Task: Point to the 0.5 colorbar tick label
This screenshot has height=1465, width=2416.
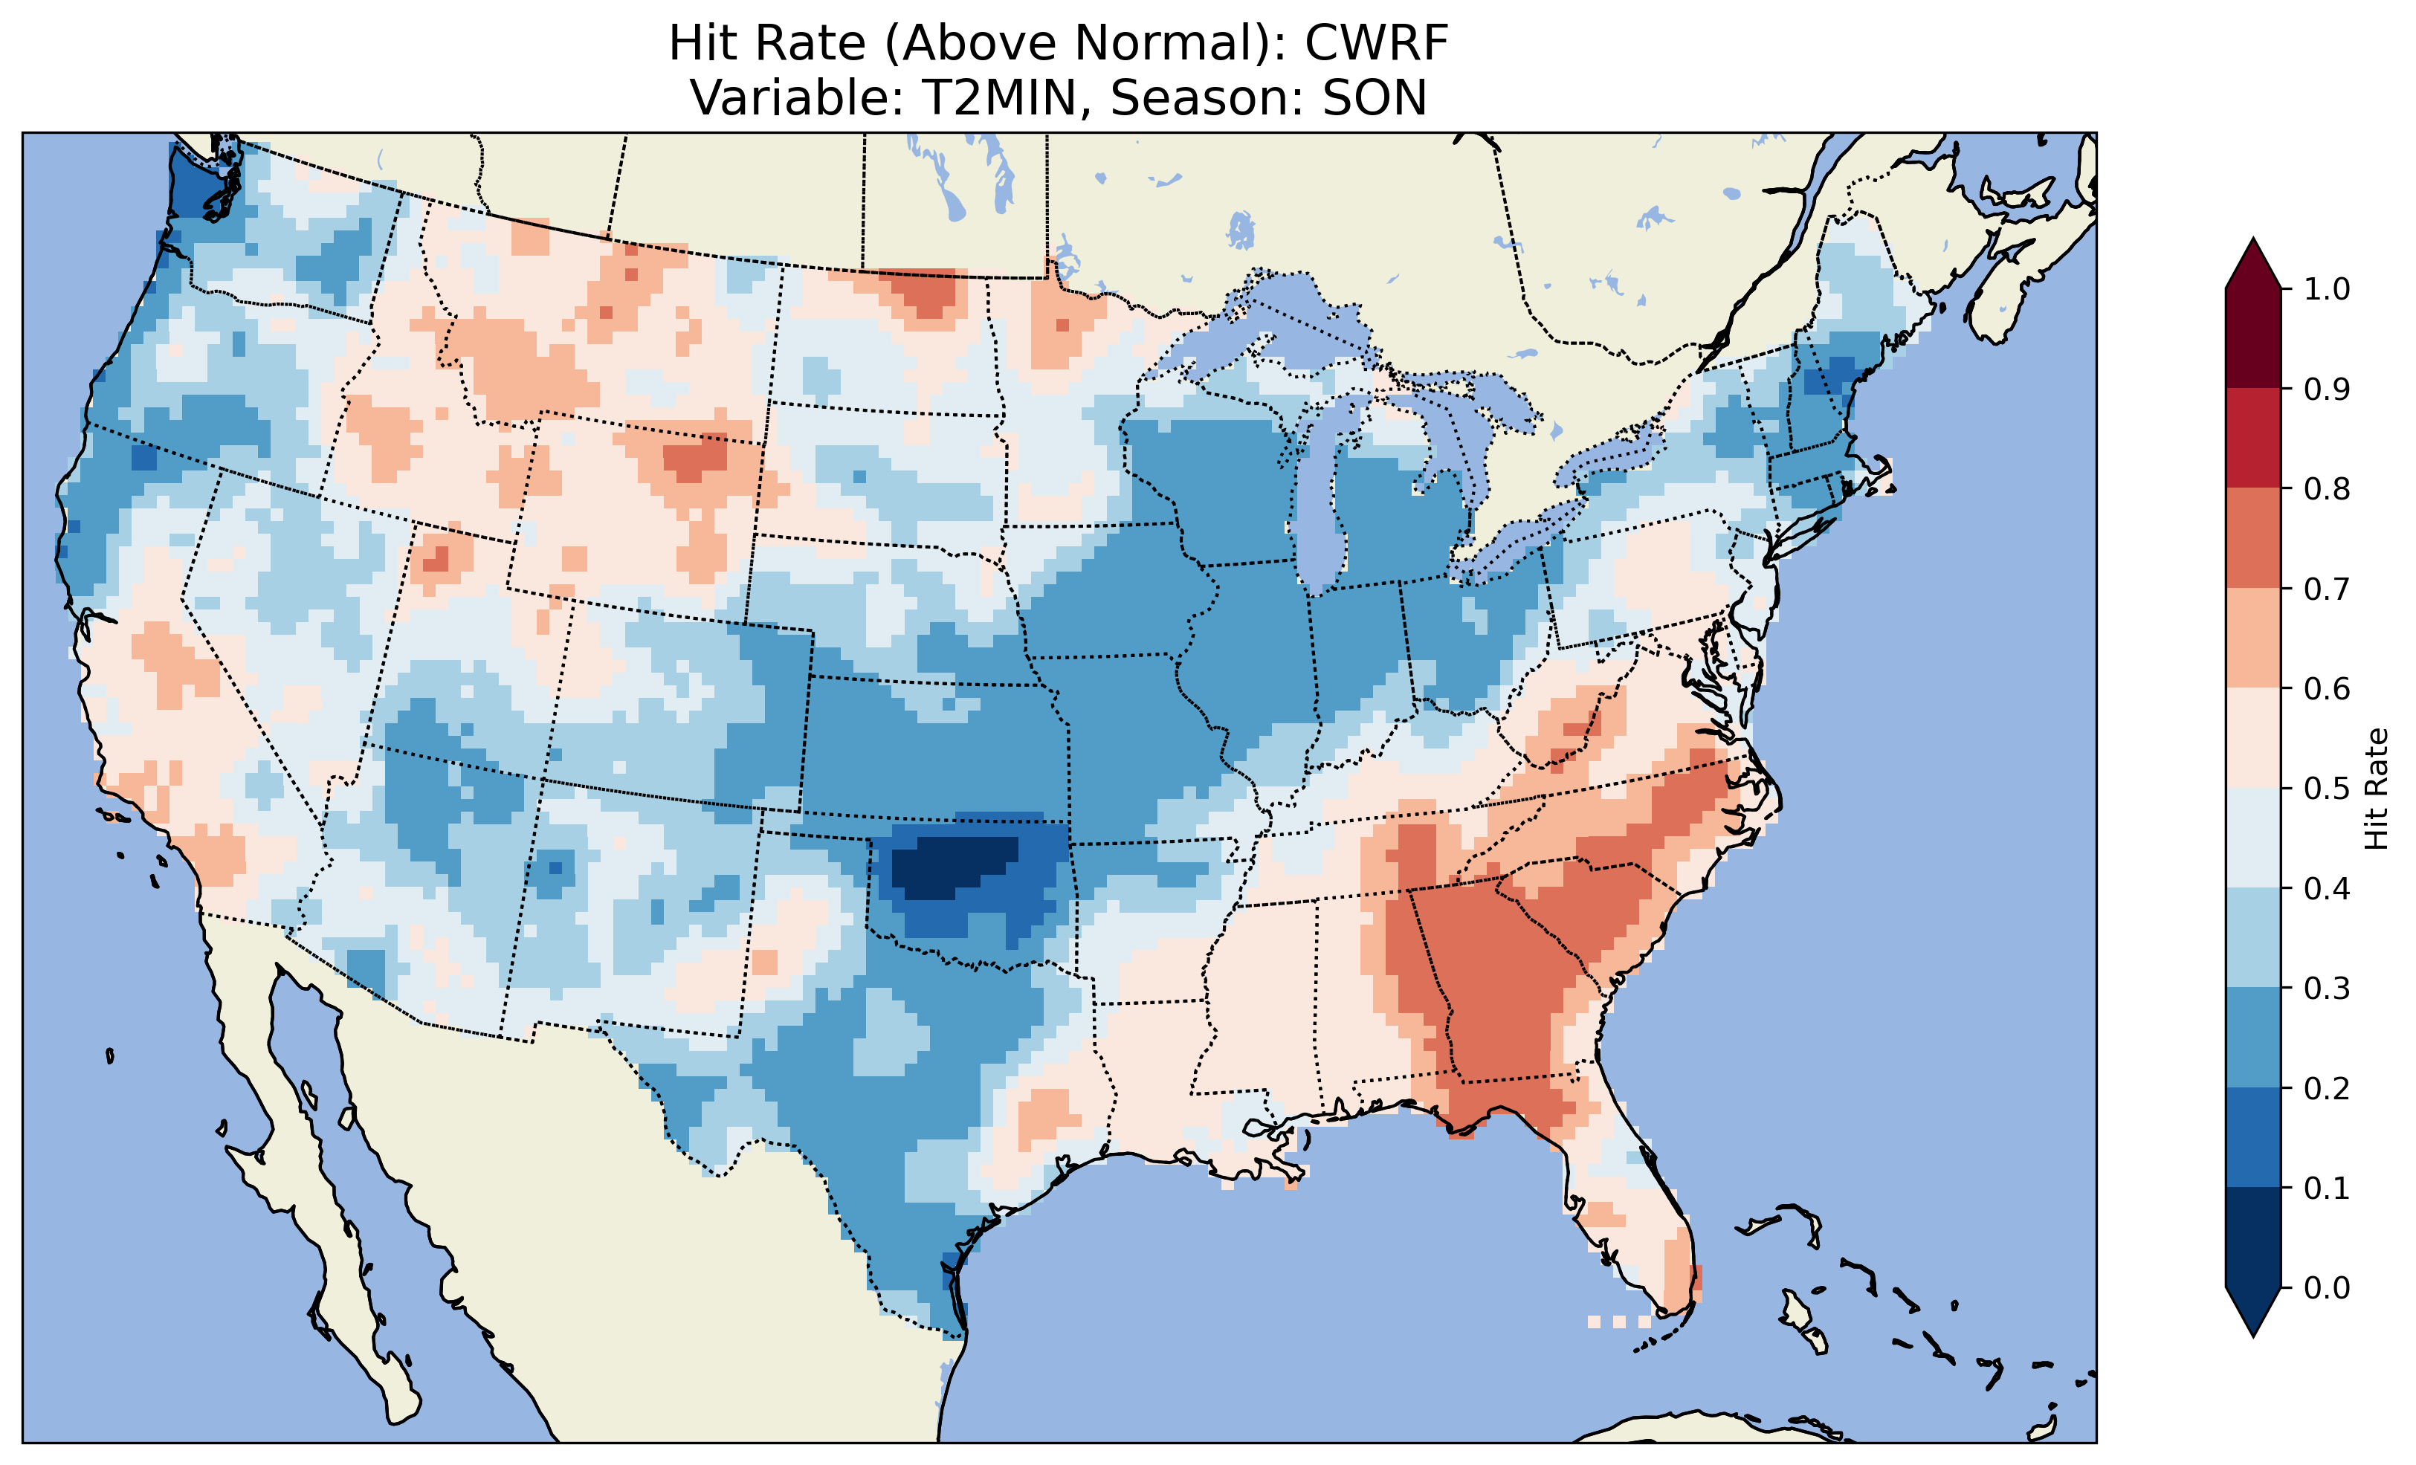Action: (x=2327, y=789)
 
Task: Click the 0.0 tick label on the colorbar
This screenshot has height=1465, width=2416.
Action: (x=2327, y=1287)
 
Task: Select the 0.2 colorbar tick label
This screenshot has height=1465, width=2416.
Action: (x=2327, y=1088)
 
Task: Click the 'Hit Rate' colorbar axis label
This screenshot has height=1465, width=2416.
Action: (x=2376, y=789)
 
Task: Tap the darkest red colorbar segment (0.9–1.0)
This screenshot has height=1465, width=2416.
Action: (x=2253, y=338)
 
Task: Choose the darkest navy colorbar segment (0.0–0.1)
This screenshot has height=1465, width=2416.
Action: (x=2253, y=1238)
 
